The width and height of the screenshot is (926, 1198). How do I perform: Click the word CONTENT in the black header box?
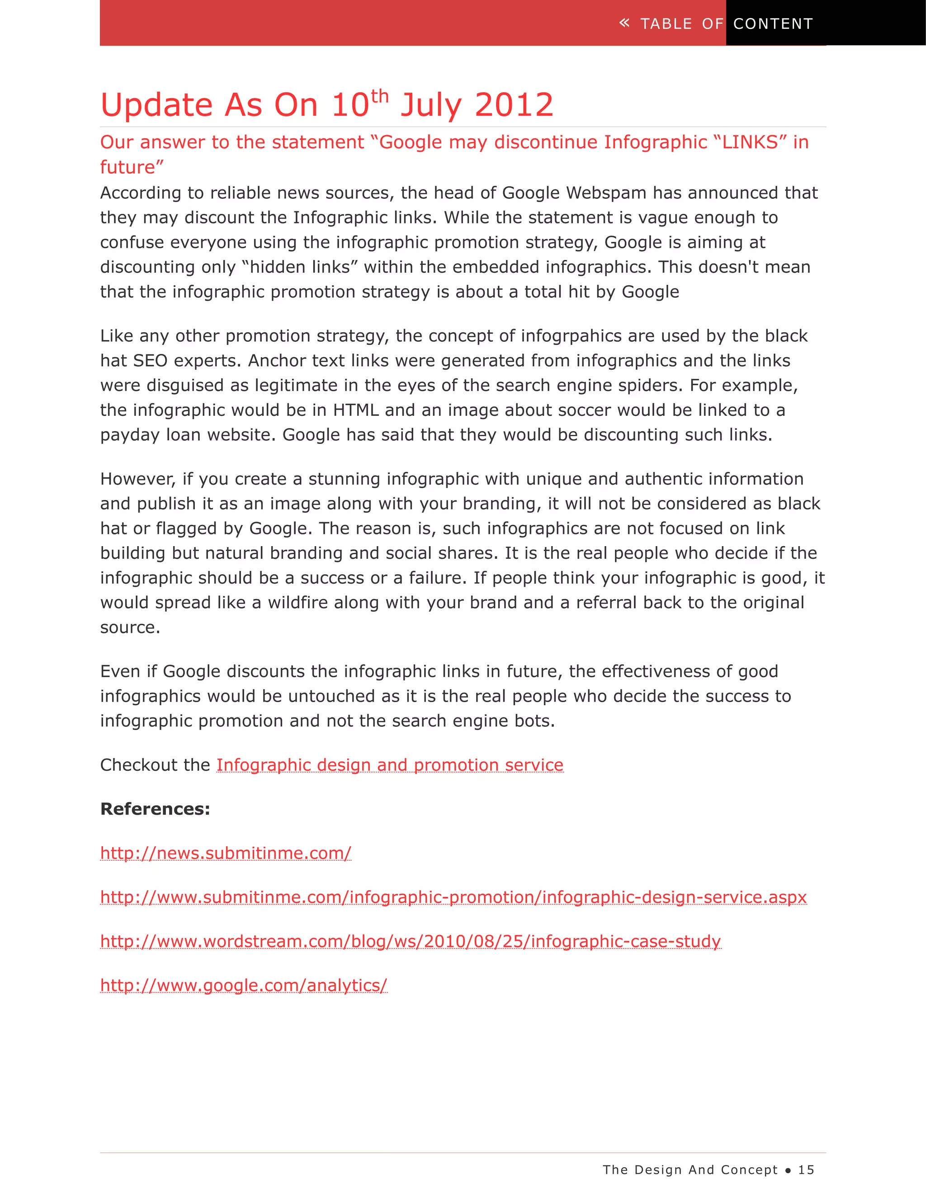[773, 24]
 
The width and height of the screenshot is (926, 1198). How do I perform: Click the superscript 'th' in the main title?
[380, 97]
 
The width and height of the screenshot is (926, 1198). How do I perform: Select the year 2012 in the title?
[514, 105]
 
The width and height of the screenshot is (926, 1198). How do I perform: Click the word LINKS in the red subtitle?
[750, 142]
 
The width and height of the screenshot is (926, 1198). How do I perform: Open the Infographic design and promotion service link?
[389, 765]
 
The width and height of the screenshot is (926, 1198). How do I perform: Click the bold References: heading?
[155, 809]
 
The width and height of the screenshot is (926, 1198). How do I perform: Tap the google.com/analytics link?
[244, 986]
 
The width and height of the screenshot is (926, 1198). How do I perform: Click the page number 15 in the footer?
[806, 1170]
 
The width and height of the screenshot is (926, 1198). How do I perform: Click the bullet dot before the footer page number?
[788, 1170]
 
